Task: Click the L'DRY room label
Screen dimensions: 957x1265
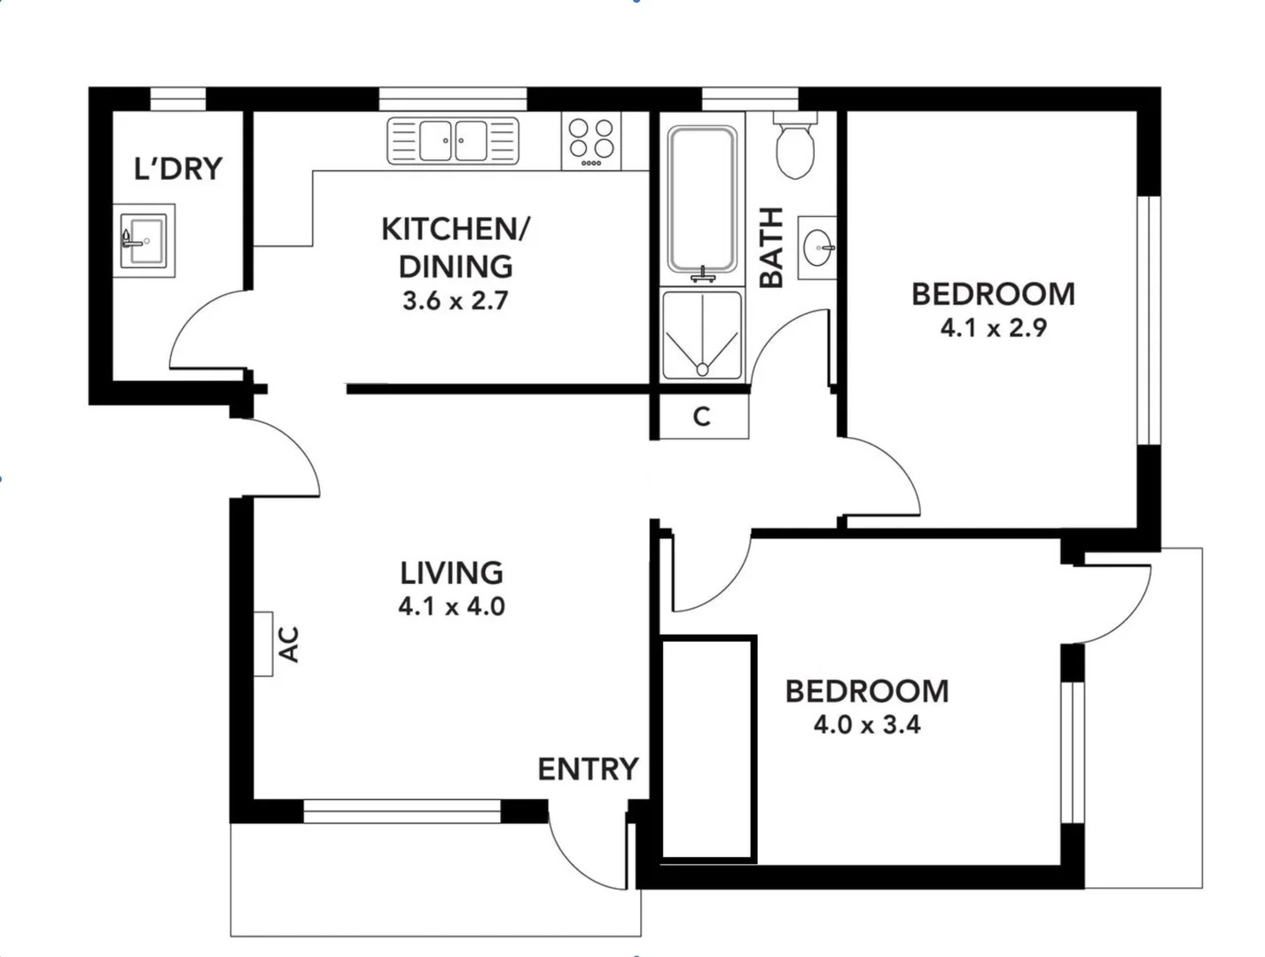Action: point(177,167)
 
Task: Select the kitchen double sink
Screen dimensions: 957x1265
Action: point(453,140)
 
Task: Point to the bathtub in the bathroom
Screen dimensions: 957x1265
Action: point(701,198)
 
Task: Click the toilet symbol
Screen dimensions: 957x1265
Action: point(795,146)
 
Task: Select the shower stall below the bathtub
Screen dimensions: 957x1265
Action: point(701,335)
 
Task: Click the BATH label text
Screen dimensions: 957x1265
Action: point(772,247)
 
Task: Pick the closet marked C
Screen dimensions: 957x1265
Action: point(701,416)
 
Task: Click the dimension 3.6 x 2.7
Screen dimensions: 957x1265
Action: point(455,301)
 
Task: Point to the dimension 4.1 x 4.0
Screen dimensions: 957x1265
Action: point(451,607)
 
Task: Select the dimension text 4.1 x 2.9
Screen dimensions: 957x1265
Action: point(993,328)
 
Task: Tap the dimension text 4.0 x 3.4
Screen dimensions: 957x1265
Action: point(866,725)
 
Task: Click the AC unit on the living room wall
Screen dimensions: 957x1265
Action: point(263,644)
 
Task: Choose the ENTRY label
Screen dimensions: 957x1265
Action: point(588,769)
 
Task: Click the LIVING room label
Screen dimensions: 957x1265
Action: point(451,573)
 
